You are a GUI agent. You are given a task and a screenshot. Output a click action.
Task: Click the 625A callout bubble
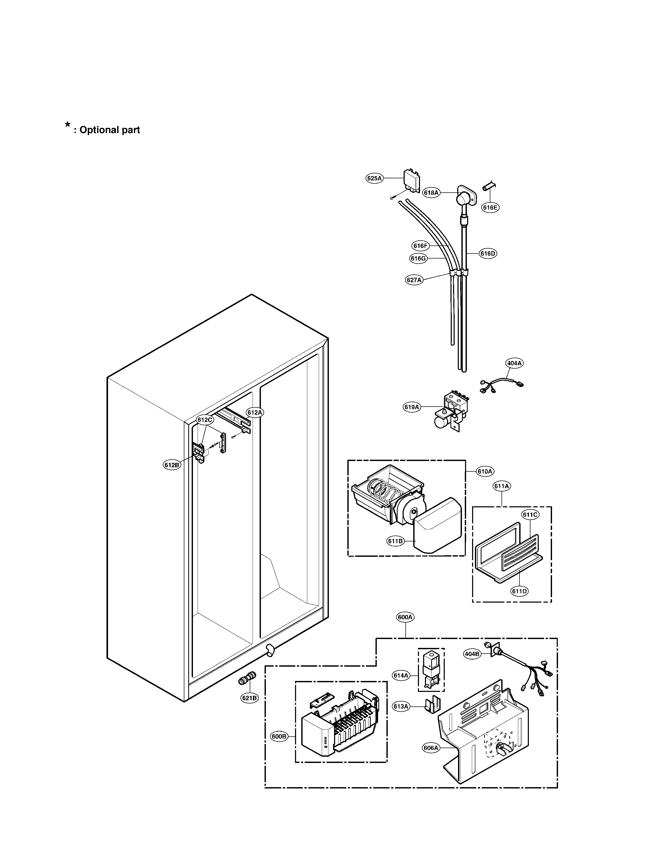pyautogui.click(x=374, y=178)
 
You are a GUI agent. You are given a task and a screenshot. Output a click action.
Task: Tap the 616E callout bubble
pyautogui.click(x=490, y=208)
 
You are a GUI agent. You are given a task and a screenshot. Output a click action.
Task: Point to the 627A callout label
pyautogui.click(x=414, y=280)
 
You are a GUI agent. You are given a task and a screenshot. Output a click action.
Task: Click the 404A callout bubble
pyautogui.click(x=514, y=363)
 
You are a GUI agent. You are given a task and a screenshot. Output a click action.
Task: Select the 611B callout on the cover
pyautogui.click(x=395, y=541)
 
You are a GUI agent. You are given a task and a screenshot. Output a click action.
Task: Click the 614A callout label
pyautogui.click(x=401, y=676)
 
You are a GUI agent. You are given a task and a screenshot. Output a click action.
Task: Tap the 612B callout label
pyautogui.click(x=172, y=465)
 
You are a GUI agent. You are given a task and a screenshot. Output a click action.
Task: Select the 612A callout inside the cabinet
pyautogui.click(x=254, y=412)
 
